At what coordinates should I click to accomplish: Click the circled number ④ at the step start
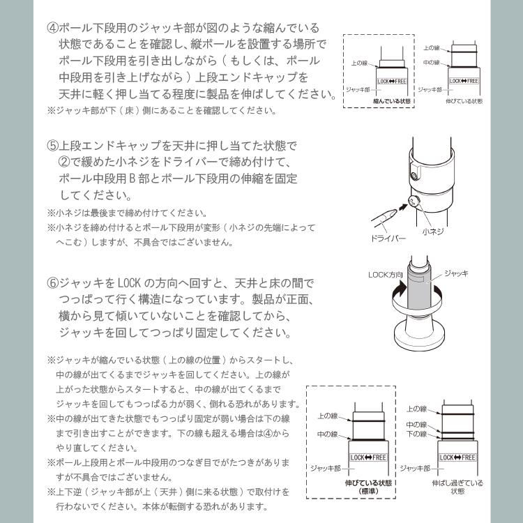click(x=53, y=29)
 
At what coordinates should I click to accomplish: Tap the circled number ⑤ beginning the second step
click(x=53, y=146)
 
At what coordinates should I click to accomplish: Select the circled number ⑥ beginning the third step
click(x=53, y=284)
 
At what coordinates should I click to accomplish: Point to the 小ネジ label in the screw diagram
click(x=433, y=230)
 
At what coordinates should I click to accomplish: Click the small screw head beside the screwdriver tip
click(x=414, y=202)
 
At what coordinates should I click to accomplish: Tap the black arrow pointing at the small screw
click(x=402, y=207)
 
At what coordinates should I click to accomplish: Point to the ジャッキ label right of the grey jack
click(x=457, y=274)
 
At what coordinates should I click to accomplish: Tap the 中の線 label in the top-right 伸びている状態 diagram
click(x=431, y=63)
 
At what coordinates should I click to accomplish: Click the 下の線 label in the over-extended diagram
click(x=417, y=434)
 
